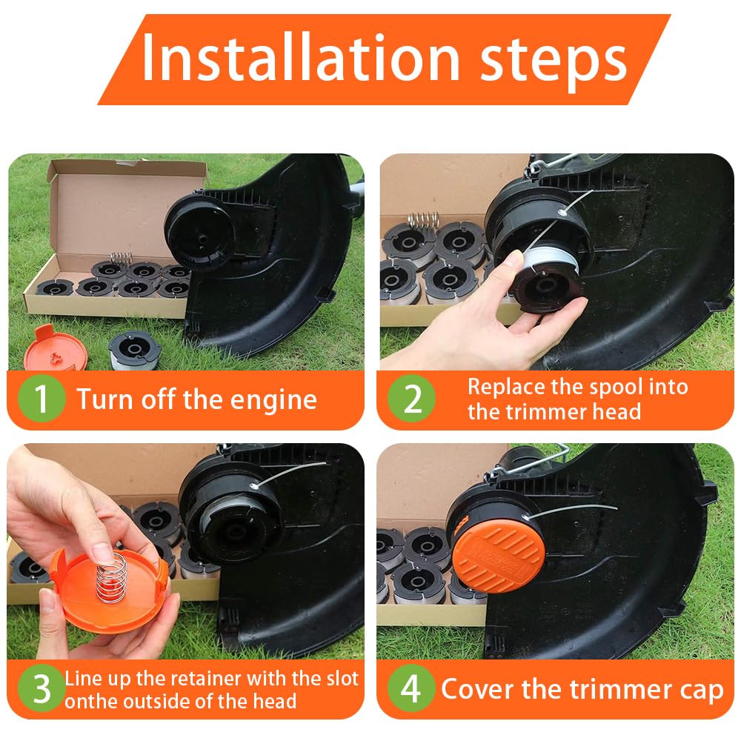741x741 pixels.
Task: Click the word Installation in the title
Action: [x=301, y=57]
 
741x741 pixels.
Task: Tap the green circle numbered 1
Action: [x=41, y=399]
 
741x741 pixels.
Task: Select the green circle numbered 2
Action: [x=411, y=399]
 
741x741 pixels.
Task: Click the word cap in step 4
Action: [x=702, y=691]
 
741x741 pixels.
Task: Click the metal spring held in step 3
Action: [x=111, y=577]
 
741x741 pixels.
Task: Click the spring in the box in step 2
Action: [x=423, y=221]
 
